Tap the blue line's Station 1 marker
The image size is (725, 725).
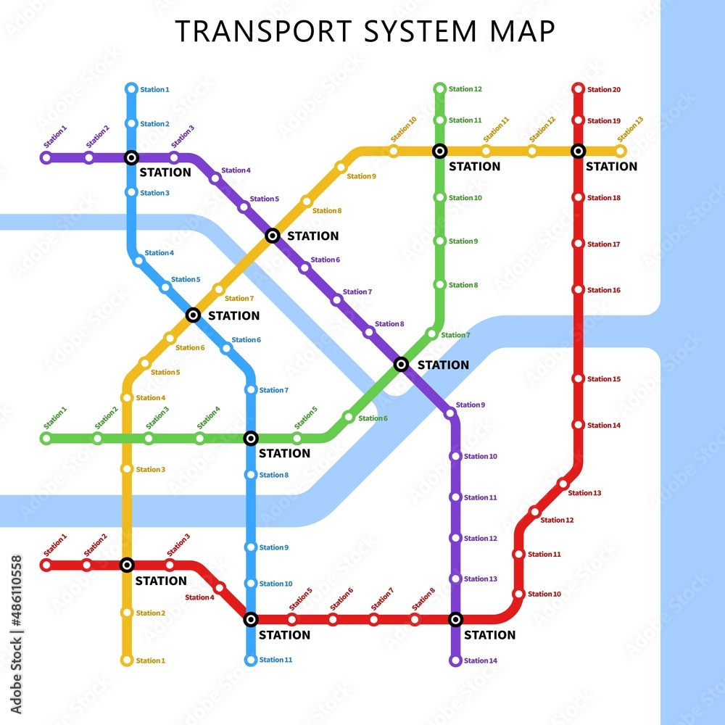pos(131,89)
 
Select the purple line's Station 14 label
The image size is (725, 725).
pos(481,660)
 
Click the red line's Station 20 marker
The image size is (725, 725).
pos(578,89)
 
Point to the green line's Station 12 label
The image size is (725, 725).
pos(465,89)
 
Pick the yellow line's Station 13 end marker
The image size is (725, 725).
pos(620,151)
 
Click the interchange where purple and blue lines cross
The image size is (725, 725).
pos(131,157)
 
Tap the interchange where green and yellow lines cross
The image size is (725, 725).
pos(439,151)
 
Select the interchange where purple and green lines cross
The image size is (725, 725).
pos(401,364)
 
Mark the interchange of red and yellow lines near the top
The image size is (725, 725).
pos(578,151)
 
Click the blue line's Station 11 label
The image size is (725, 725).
pos(275,660)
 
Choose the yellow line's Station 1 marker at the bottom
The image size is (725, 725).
pos(127,660)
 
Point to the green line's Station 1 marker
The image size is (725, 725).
pos(46,438)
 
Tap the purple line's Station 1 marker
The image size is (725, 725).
pos(46,157)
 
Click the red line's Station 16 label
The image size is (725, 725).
pos(604,290)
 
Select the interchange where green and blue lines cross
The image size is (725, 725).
pos(251,438)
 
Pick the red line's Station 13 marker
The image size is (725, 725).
pos(563,484)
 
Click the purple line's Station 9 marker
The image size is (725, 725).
pos(450,413)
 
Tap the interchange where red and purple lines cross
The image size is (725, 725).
pos(455,619)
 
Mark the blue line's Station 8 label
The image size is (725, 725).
pos(274,475)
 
